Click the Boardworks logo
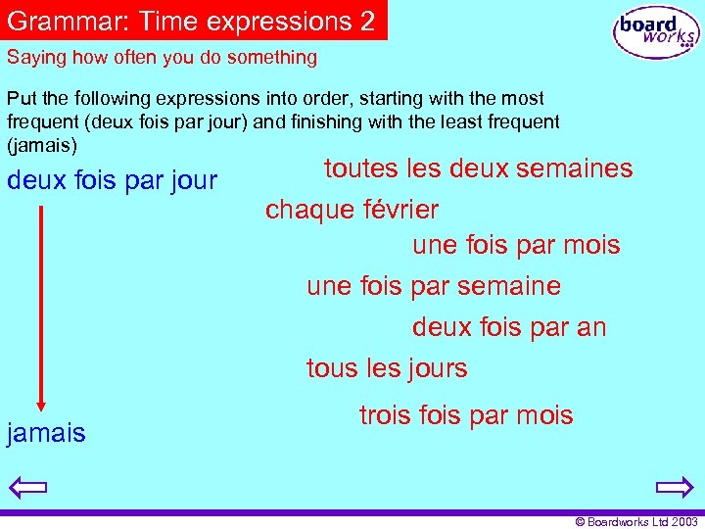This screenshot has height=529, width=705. pos(657,32)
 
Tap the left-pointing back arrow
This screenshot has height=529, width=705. pos(30,487)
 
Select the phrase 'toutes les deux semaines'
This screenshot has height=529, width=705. pos(478,168)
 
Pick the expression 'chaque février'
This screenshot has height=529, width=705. pos(352,210)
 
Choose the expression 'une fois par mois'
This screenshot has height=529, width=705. pos(516,245)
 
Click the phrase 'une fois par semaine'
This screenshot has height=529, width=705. pos(433,286)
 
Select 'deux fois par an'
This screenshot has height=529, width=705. pos(509,327)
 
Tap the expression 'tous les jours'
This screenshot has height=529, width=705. pos(387,368)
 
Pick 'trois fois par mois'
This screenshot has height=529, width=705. pos(466,415)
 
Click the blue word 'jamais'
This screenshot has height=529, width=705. pos(46,433)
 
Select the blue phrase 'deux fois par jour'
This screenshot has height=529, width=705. pos(112,181)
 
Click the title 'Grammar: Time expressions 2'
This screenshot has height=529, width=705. pos(192,21)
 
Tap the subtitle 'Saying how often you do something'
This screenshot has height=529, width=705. pos(162,57)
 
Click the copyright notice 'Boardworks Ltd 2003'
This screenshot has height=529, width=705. pos(636,522)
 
